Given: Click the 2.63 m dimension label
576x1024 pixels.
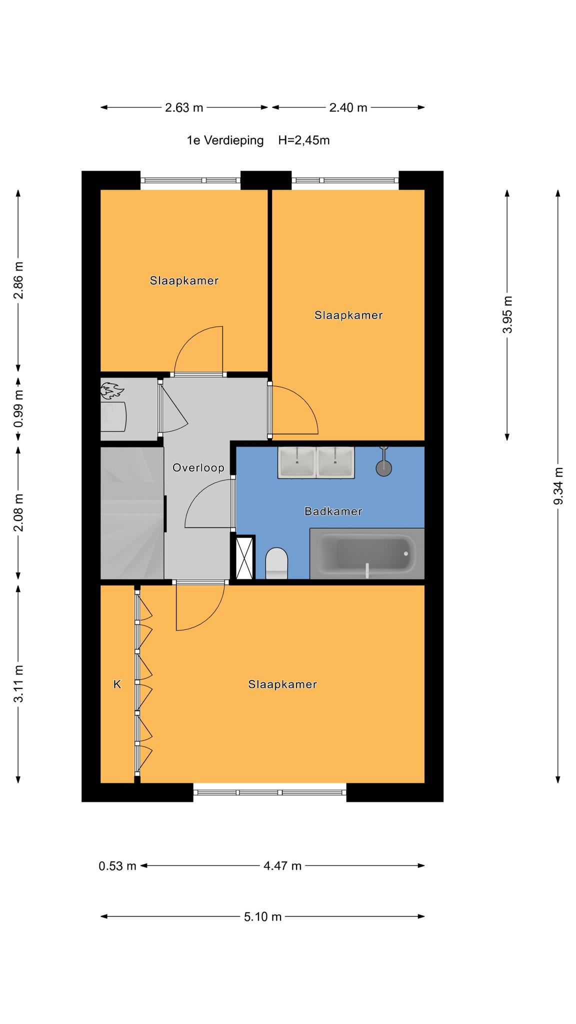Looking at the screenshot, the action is (184, 107).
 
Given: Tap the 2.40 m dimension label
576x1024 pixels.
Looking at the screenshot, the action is (348, 107).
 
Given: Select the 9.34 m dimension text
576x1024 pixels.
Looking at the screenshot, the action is (558, 486).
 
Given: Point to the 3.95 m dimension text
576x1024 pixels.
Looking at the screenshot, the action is (507, 314).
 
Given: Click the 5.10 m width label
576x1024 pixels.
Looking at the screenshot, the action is (263, 916).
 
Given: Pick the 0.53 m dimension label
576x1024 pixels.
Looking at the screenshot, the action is (117, 865).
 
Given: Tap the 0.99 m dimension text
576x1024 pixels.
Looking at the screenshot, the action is (18, 408).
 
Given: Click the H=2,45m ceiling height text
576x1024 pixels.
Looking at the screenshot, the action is (304, 140).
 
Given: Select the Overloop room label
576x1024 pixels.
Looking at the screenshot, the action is (198, 468).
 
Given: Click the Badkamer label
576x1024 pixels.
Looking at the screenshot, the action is (333, 511).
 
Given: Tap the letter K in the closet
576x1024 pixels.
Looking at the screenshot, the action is (117, 684).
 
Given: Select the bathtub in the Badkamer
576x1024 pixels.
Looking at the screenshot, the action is (367, 553).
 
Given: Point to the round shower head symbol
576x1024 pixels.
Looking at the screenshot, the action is (384, 468).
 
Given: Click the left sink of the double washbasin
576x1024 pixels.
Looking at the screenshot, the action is (296, 462).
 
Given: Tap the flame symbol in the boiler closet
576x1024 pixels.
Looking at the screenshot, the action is (111, 390).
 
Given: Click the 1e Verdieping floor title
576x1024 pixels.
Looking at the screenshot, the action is (225, 140).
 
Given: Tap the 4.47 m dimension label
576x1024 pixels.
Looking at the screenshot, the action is (282, 865).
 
